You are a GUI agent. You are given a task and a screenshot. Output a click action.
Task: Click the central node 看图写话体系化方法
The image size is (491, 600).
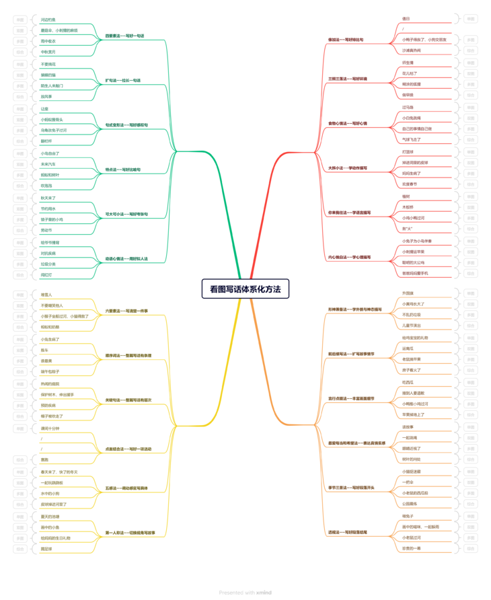click(x=245, y=289)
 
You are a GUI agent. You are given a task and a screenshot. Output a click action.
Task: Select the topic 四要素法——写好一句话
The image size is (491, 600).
click(x=124, y=36)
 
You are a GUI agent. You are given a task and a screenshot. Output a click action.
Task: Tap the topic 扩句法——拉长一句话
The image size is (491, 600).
click(x=123, y=80)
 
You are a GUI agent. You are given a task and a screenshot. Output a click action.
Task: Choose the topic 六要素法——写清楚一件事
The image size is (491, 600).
click(x=126, y=311)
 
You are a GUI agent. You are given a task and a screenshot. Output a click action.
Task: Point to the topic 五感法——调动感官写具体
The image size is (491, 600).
click(x=126, y=488)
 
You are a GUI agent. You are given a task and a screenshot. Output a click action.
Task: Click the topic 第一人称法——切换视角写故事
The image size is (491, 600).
click(x=130, y=533)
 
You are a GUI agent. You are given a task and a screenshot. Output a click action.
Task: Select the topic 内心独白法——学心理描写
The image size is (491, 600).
click(x=349, y=257)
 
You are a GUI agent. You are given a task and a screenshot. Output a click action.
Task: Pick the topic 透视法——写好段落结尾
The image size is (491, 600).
click(x=348, y=532)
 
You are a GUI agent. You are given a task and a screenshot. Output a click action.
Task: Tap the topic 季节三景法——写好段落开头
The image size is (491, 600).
click(x=351, y=488)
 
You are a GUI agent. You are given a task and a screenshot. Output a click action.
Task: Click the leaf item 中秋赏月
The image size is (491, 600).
click(x=48, y=52)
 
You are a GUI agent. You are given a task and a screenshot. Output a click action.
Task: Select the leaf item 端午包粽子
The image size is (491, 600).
click(x=50, y=371)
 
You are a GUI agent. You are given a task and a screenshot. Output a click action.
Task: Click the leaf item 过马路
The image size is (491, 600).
click(x=408, y=107)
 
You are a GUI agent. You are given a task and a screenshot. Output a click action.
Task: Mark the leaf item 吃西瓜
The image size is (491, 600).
click(x=408, y=382)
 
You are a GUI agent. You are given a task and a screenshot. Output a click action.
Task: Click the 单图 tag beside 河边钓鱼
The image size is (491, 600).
click(x=20, y=20)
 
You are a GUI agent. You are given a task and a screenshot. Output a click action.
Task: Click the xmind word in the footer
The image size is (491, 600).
click(x=264, y=593)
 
